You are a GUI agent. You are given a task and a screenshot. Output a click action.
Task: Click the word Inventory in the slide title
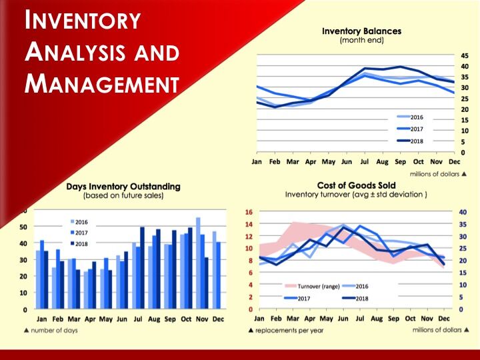83,21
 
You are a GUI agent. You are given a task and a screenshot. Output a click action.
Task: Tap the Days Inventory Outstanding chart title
124,187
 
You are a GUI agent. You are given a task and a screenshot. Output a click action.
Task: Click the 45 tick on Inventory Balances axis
464,55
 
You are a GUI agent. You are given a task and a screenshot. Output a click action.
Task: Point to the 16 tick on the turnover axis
248,212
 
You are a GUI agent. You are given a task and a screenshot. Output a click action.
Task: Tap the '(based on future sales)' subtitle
124,196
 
